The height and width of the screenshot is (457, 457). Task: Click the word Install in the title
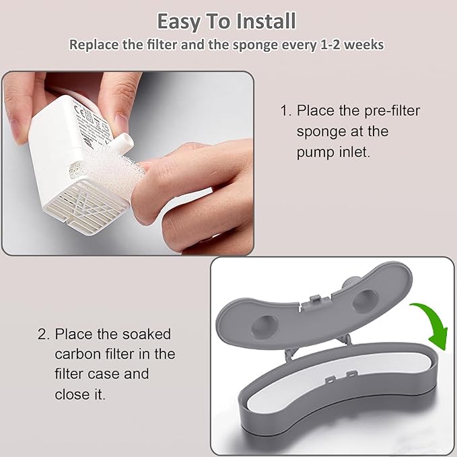click(266, 21)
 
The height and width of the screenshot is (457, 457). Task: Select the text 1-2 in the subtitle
click(330, 45)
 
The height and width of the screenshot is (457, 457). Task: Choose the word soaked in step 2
click(147, 334)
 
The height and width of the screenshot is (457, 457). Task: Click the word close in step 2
click(72, 394)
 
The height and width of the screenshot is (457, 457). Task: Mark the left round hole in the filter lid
click(265, 326)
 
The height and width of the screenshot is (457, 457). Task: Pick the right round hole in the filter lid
click(365, 301)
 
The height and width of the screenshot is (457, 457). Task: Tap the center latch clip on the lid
click(316, 300)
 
